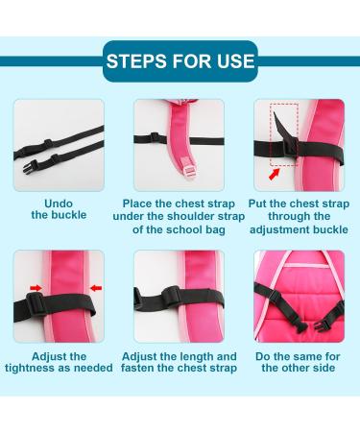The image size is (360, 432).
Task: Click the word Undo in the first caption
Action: point(59,204)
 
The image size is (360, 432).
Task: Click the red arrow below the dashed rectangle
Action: point(276,176)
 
